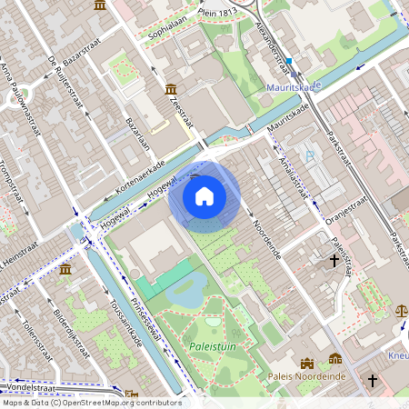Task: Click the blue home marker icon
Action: [x=204, y=196]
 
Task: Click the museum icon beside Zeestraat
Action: [x=171, y=89]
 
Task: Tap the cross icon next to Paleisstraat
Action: [x=334, y=261]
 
